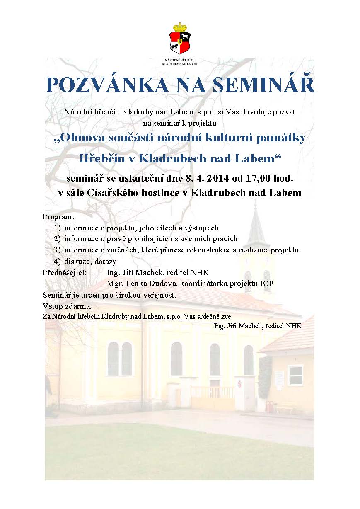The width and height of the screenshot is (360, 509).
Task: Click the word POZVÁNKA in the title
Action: click(x=106, y=85)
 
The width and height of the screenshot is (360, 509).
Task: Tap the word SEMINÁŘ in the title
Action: click(x=263, y=85)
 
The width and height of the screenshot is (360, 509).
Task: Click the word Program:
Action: click(x=58, y=217)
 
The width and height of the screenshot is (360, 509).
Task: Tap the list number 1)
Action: click(x=57, y=228)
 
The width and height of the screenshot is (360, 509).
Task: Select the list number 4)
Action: click(x=57, y=262)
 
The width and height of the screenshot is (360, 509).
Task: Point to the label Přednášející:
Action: click(x=64, y=273)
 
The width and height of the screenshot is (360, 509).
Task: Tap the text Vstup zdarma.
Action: click(x=67, y=306)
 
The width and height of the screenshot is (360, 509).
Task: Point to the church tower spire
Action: click(x=256, y=222)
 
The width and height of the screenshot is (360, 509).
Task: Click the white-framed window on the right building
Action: click(x=295, y=375)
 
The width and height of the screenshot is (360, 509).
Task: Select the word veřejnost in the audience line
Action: click(x=159, y=295)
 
